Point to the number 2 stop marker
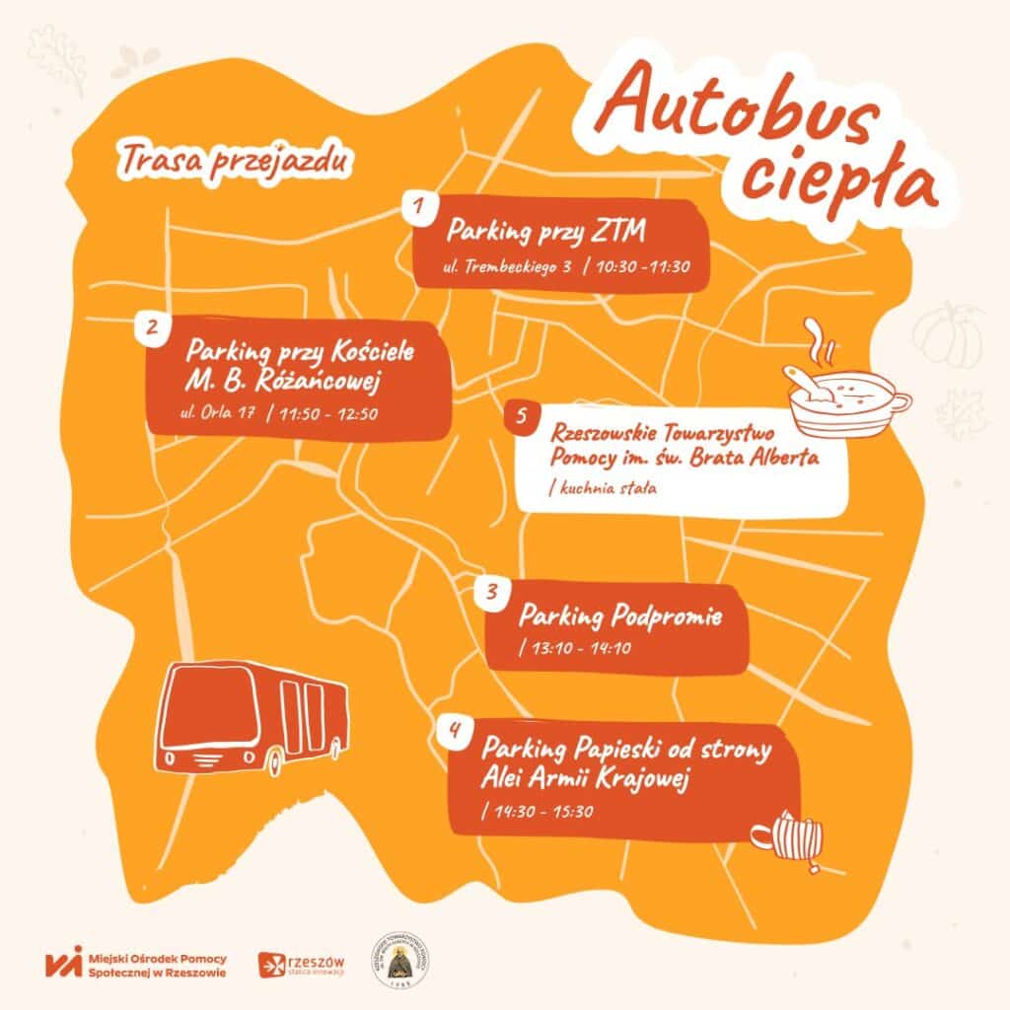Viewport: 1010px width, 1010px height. click(x=152, y=328)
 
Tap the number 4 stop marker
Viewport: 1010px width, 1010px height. click(x=454, y=730)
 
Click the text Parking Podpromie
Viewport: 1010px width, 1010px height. click(x=620, y=618)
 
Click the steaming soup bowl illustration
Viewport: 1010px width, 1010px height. click(x=844, y=395)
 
